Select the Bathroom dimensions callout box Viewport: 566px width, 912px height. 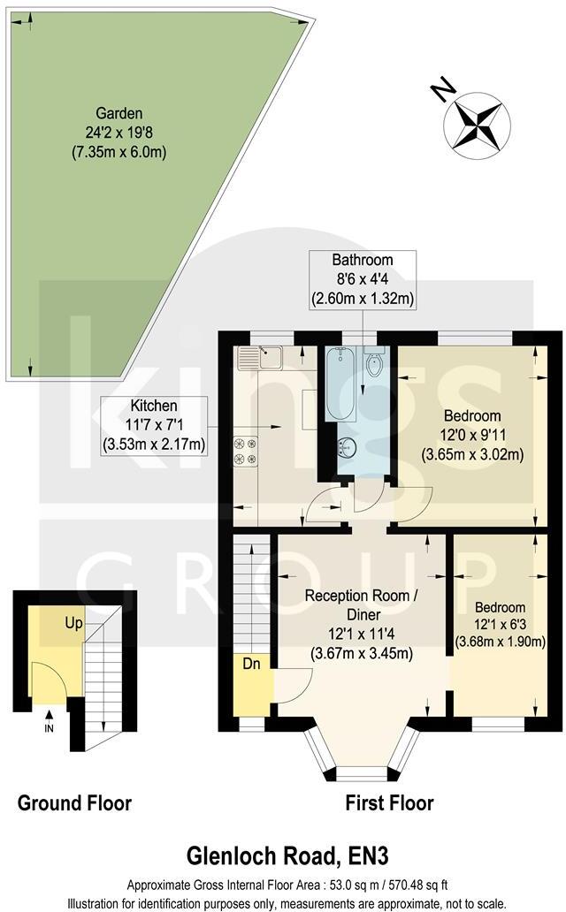(362, 279)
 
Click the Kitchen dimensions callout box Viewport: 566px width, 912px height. (155, 426)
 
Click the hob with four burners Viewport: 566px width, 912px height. (245, 451)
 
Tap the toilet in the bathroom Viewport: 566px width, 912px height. (374, 363)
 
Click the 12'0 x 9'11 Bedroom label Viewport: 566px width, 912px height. (471, 436)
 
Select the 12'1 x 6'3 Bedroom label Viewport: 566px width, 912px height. (500, 625)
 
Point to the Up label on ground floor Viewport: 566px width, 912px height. (73, 623)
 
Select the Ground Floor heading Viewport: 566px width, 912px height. (74, 803)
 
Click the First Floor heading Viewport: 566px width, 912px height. (388, 803)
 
